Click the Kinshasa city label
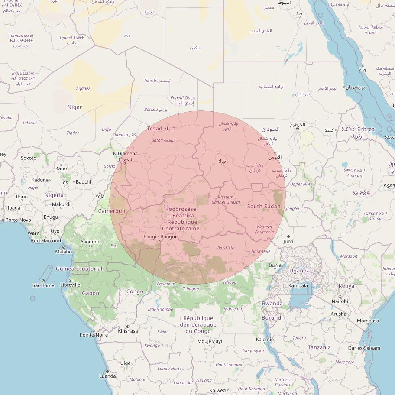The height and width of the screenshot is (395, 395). [128, 331]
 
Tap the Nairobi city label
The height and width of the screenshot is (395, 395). [340, 301]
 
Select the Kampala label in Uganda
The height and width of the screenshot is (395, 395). [298, 285]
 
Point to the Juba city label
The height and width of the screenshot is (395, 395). [288, 241]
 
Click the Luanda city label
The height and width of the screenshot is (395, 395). [107, 376]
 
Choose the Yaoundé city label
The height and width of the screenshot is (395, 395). [91, 242]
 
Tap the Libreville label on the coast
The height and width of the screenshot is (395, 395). [70, 285]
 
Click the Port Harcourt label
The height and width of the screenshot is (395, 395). [46, 240]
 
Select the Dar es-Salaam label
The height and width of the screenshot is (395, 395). [364, 348]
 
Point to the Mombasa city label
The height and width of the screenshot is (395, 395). [368, 321]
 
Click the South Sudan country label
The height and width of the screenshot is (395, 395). [264, 206]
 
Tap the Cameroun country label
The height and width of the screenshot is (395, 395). [111, 211]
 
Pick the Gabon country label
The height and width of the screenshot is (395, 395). [91, 293]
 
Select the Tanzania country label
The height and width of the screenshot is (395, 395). [319, 347]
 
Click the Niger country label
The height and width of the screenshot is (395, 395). [74, 107]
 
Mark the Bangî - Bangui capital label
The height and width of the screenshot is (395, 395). [160, 236]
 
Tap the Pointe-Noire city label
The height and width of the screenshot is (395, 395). [94, 335]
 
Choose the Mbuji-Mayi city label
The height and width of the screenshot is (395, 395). [209, 341]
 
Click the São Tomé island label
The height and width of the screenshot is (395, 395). [43, 285]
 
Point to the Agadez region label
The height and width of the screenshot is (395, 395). [83, 88]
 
